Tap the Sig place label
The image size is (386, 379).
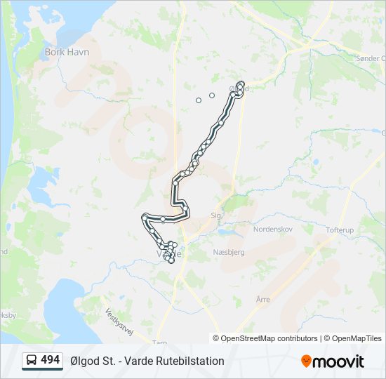(215, 215)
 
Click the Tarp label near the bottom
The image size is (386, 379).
(159, 344)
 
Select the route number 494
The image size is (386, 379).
(51, 360)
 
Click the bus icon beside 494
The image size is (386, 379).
(32, 361)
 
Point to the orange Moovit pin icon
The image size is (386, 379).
(306, 361)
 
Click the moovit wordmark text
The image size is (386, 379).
(338, 361)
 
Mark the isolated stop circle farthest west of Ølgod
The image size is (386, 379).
(199, 100)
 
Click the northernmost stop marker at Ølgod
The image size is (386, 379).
(241, 84)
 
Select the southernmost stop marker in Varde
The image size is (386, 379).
(171, 261)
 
